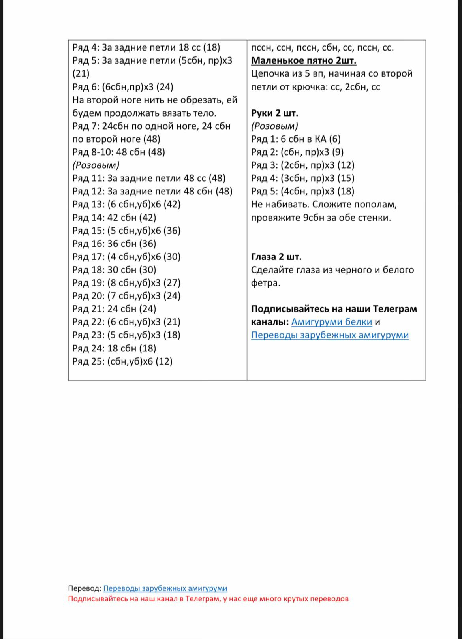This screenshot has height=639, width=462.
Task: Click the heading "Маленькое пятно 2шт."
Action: pos(304,60)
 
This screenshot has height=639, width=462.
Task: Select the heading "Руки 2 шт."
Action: pos(275,113)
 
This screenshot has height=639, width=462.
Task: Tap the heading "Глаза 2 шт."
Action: pos(276,257)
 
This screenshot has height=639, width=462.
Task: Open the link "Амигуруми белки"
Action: pos(332,322)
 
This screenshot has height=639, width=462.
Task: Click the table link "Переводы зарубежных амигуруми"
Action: pos(330,335)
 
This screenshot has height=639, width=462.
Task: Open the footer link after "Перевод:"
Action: pos(165,588)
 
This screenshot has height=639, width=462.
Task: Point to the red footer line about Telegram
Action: pos(208,598)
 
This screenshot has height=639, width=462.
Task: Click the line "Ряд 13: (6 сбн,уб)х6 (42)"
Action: pos(126,204)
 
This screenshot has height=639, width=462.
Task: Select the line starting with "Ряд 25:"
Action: pos(122,361)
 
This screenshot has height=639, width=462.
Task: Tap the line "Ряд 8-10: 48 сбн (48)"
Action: pos(118,152)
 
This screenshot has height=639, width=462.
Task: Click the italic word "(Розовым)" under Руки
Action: pos(274,126)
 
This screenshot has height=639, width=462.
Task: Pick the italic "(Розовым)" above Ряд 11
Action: pos(96,165)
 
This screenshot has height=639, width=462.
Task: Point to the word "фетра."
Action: pos(265,283)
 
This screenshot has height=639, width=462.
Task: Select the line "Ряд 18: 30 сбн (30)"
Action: pos(114,270)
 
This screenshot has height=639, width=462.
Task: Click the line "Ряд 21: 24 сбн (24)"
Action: pos(114,309)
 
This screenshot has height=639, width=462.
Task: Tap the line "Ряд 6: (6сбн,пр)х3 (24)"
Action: pos(123,87)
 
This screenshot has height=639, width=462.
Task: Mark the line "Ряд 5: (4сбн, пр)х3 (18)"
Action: pos(302,191)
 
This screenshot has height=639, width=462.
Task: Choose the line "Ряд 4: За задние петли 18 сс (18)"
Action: pos(146,48)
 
